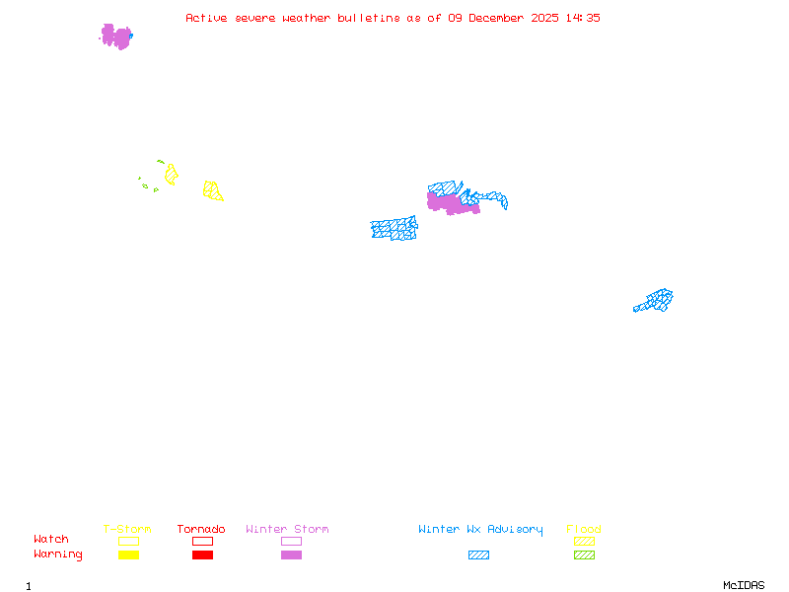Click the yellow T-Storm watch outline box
(128, 541)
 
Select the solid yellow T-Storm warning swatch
(128, 555)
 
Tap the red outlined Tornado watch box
(202, 541)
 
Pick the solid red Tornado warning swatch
(202, 555)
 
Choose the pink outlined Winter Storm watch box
(291, 541)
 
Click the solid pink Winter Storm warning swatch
(291, 555)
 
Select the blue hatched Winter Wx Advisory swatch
(478, 555)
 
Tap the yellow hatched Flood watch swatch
(584, 541)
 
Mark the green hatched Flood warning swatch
(584, 555)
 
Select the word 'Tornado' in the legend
(201, 530)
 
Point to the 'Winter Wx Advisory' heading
(480, 530)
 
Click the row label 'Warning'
(58, 555)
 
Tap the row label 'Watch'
(51, 540)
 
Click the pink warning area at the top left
(116, 37)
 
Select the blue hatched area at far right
(656, 300)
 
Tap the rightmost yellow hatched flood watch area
(212, 190)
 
